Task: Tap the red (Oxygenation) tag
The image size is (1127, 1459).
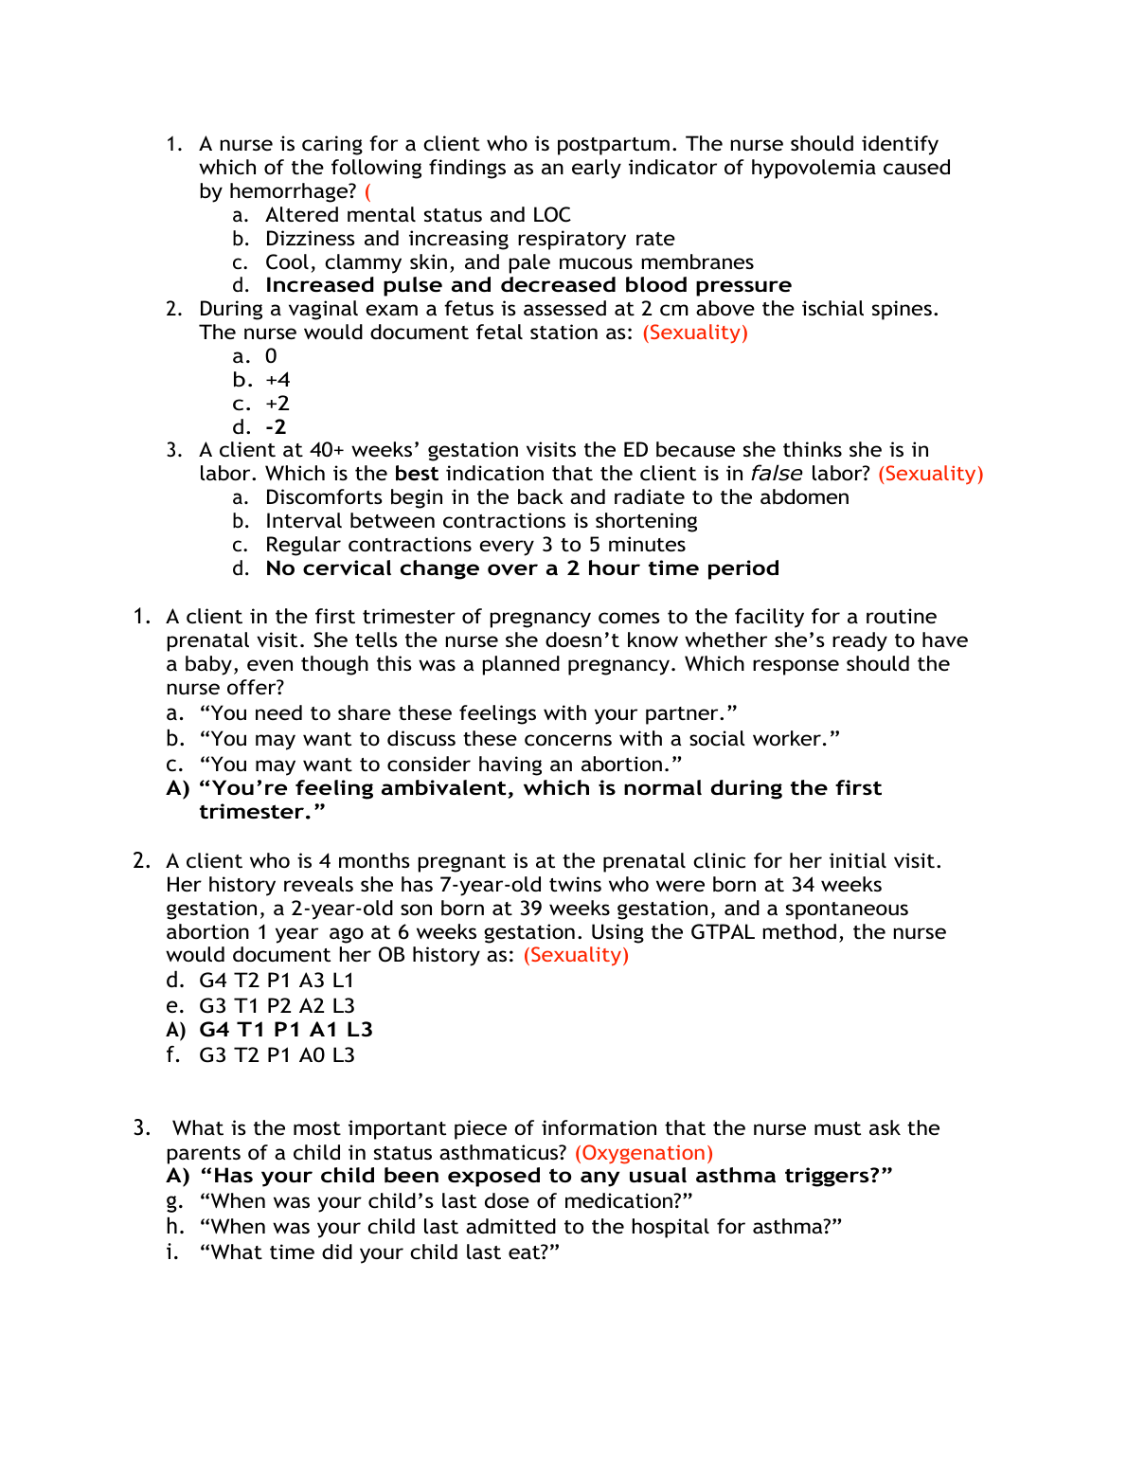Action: coord(644,1153)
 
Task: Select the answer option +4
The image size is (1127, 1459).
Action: coord(277,380)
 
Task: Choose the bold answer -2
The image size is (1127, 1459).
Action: coord(276,427)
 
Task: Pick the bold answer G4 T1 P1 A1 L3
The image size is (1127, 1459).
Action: coord(286,1030)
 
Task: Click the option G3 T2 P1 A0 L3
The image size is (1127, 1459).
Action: coord(277,1055)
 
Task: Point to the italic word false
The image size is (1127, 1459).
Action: coord(777,474)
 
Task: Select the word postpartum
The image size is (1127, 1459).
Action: coord(614,144)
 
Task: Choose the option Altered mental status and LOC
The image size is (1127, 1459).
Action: coord(418,215)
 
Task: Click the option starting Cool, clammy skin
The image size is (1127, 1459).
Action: coord(510,262)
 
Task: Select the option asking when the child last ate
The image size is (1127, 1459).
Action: coord(380,1252)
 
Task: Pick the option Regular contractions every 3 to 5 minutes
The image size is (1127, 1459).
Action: coord(475,545)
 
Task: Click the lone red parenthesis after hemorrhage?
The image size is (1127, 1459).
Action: coord(367,191)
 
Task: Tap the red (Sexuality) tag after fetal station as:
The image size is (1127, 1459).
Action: coord(695,333)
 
